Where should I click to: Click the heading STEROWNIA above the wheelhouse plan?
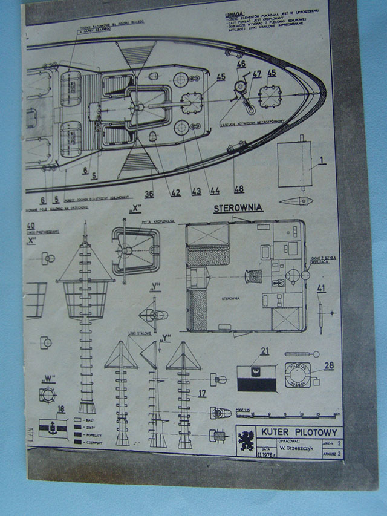pyautogui.click(x=238, y=209)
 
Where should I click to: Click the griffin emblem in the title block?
pyautogui.click(x=246, y=441)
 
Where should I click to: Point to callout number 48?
pyautogui.click(x=239, y=189)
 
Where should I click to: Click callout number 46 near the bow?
pyautogui.click(x=241, y=65)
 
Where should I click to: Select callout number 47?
pyautogui.click(x=256, y=74)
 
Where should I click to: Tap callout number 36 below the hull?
pyautogui.click(x=149, y=194)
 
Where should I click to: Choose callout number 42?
pyautogui.click(x=176, y=192)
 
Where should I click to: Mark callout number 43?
pyautogui.click(x=196, y=192)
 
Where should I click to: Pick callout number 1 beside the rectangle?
pyautogui.click(x=322, y=161)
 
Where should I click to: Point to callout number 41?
pyautogui.click(x=321, y=288)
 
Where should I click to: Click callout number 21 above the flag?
pyautogui.click(x=265, y=351)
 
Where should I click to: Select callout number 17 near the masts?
pyautogui.click(x=202, y=393)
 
